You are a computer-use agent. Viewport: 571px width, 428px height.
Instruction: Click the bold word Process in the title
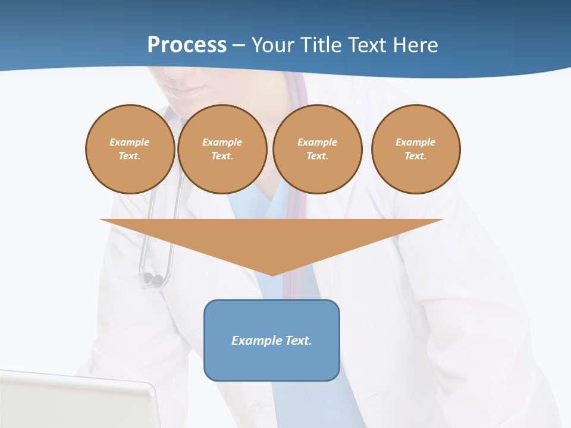187,45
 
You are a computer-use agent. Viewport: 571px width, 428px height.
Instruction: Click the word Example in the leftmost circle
130,142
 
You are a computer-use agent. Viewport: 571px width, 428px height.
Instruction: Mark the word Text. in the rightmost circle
415,156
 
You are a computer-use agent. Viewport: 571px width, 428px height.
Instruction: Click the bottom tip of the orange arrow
272,273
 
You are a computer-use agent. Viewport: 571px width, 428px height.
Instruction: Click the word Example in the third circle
317,142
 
